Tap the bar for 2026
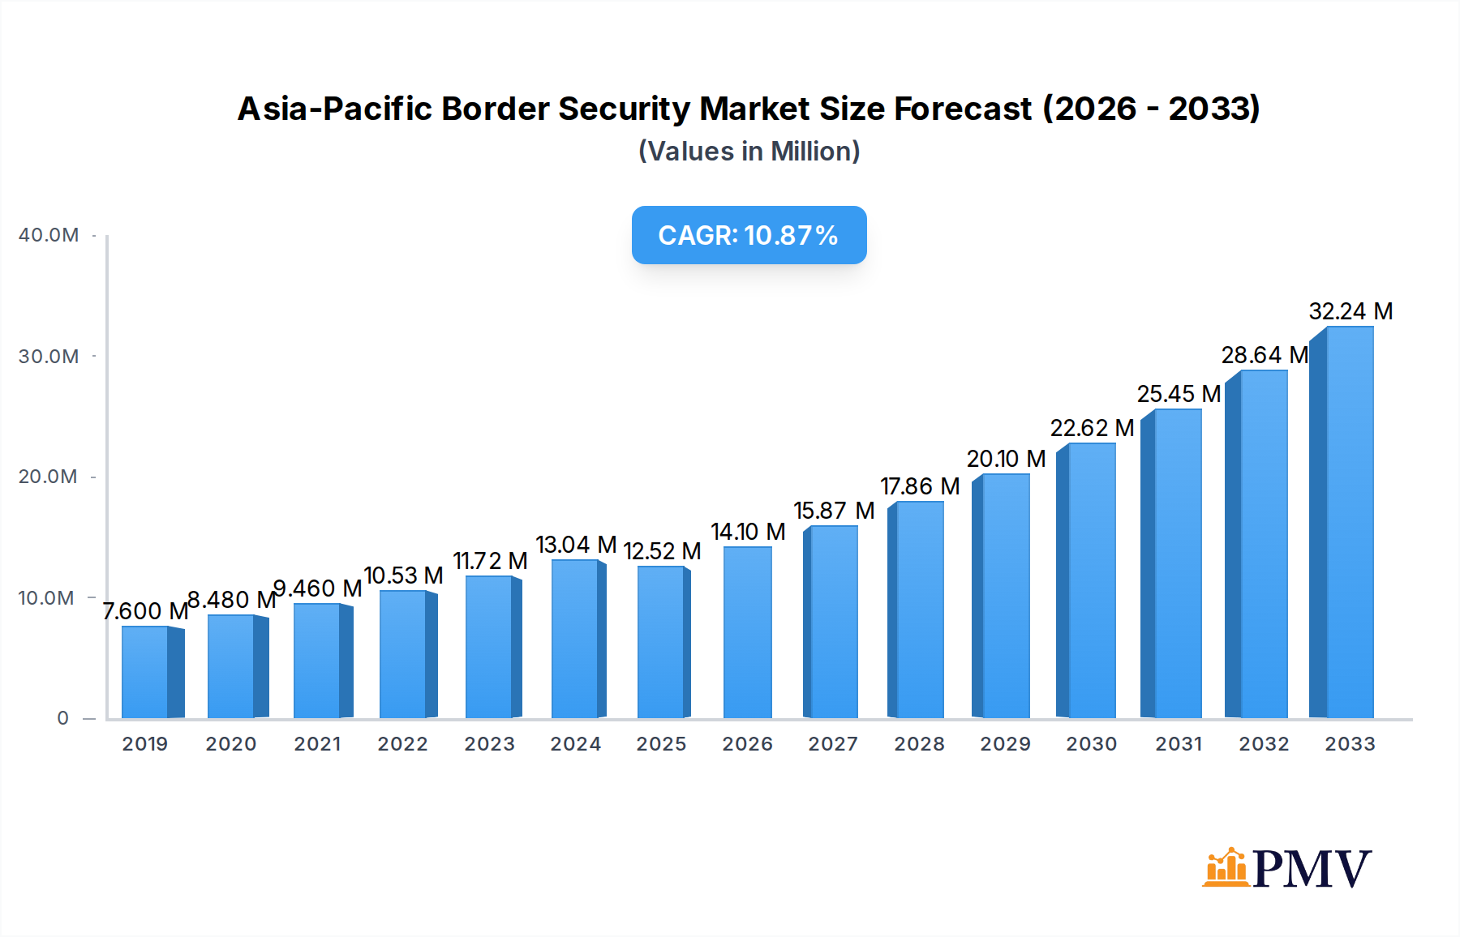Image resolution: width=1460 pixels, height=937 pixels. pos(747,632)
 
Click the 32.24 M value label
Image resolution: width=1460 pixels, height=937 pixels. pos(1350,311)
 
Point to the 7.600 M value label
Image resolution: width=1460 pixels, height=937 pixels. pos(145,611)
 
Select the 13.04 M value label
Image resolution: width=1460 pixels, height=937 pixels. pos(576,545)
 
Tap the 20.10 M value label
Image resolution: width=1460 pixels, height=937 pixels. pos(1006,459)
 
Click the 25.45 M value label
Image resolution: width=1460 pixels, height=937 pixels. pos(1179,394)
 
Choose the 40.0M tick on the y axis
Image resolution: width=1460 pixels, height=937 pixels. pos(49,235)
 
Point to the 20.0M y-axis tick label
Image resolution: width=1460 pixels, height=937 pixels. pos(49,477)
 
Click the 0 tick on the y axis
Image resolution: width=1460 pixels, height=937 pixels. pos(63,718)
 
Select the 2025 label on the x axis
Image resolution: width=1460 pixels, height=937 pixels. pos(661,744)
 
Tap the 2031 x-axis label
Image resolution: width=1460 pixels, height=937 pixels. pos(1179,744)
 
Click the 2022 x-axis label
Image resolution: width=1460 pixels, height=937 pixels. pos(402,744)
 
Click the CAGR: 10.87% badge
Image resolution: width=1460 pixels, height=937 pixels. pos(749,235)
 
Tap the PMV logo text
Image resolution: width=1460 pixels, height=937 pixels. pos(1312,869)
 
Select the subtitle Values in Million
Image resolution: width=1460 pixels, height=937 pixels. pos(749,152)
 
